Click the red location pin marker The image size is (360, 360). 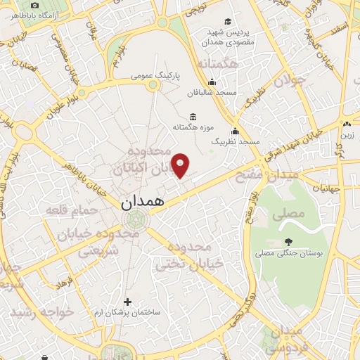[181, 166]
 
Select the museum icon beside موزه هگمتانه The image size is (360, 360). [192, 117]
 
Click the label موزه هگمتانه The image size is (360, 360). [192, 127]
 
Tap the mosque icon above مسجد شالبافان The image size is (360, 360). [212, 82]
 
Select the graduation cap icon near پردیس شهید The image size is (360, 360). [227, 22]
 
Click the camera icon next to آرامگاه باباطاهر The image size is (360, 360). [34, 6]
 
